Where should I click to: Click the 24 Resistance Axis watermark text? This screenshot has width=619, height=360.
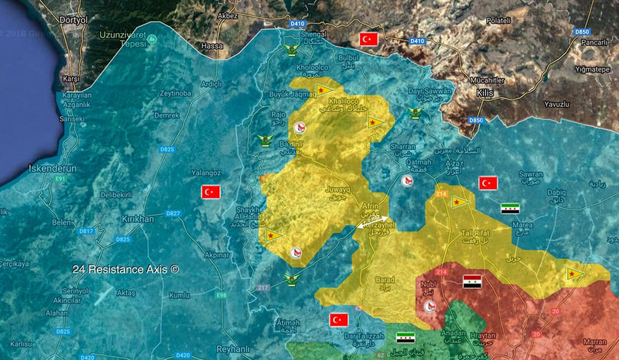(x=125, y=270)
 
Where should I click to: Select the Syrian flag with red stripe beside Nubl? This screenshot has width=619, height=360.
(x=472, y=281)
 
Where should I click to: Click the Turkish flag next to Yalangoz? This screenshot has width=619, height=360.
(x=211, y=192)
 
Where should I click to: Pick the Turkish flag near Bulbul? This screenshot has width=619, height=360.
(x=370, y=39)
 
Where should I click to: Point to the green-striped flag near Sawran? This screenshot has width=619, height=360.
(x=510, y=207)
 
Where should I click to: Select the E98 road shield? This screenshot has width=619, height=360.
(x=221, y=294)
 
